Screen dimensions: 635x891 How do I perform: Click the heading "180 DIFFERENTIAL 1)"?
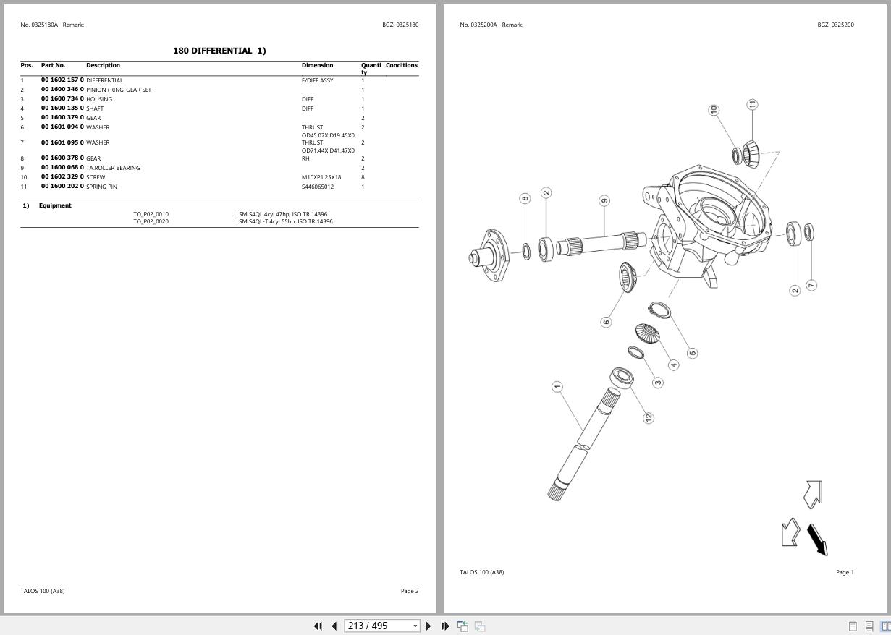(x=219, y=51)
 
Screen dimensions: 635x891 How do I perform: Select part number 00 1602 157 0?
(x=62, y=80)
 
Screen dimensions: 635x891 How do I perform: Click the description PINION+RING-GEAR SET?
(x=119, y=90)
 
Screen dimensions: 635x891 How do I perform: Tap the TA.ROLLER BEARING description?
(x=113, y=168)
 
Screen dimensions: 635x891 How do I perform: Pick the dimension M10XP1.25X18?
(x=321, y=177)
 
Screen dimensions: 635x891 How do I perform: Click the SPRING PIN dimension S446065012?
(x=318, y=187)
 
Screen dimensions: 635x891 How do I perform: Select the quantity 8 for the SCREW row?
(x=363, y=177)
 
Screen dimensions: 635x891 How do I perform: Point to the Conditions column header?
(x=401, y=65)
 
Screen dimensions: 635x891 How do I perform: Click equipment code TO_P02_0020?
(x=151, y=221)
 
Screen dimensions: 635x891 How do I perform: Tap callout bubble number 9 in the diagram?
(x=604, y=200)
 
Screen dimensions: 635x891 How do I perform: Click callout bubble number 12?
(x=649, y=417)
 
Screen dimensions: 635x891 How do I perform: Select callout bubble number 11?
(x=753, y=105)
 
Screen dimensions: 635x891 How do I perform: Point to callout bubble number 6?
(x=606, y=322)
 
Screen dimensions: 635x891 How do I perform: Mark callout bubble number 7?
(x=811, y=286)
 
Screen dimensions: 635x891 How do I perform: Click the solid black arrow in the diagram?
(x=817, y=539)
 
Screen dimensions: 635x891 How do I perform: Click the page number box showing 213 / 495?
(x=377, y=626)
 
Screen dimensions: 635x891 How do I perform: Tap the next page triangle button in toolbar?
(x=428, y=626)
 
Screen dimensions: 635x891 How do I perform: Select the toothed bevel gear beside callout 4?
(x=646, y=333)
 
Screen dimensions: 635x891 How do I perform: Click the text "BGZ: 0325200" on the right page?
(x=835, y=25)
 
